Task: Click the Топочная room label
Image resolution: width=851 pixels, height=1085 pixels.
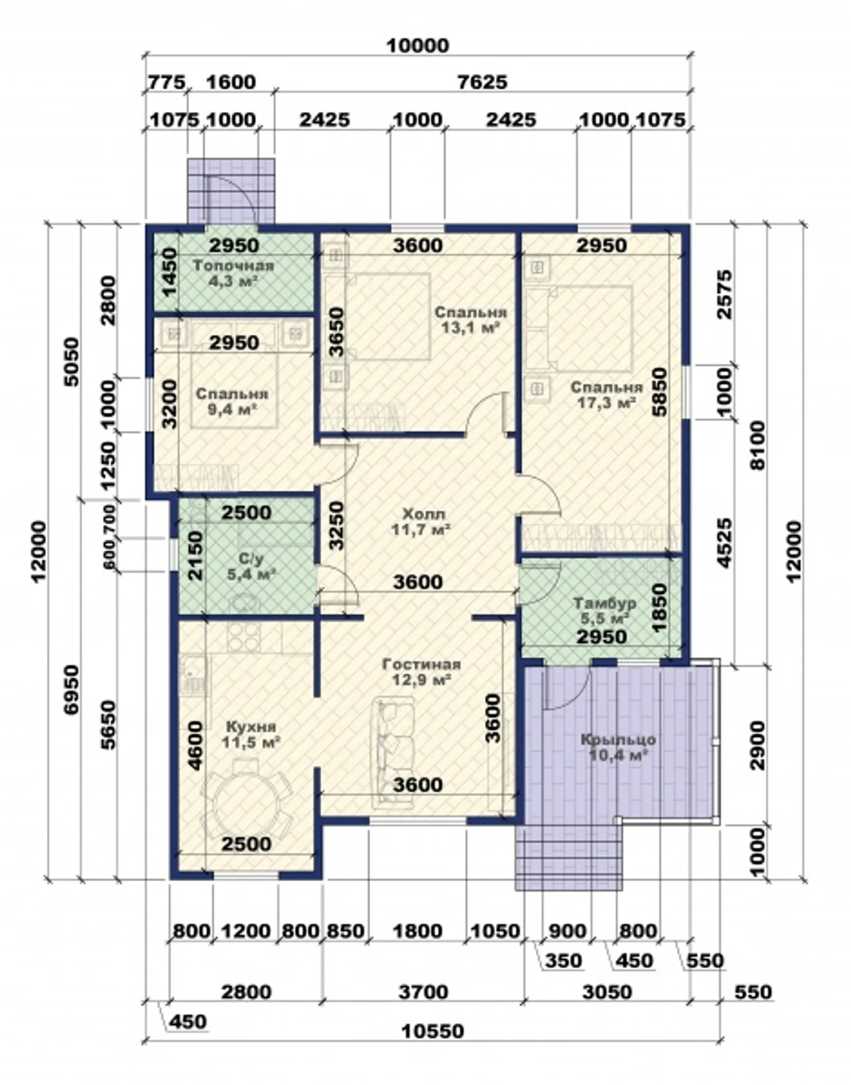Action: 233,266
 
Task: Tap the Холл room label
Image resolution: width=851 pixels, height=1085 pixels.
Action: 423,515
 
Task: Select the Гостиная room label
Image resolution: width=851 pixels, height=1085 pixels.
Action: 421,665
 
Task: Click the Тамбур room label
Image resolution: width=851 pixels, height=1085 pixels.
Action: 605,603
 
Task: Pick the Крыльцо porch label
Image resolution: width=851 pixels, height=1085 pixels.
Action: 618,740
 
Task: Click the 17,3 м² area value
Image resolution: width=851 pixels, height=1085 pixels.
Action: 606,403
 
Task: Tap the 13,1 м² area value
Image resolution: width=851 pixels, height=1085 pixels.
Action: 471,327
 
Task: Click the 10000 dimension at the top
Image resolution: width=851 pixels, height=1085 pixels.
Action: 418,46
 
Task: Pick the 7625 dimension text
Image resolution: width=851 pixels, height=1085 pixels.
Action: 482,82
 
